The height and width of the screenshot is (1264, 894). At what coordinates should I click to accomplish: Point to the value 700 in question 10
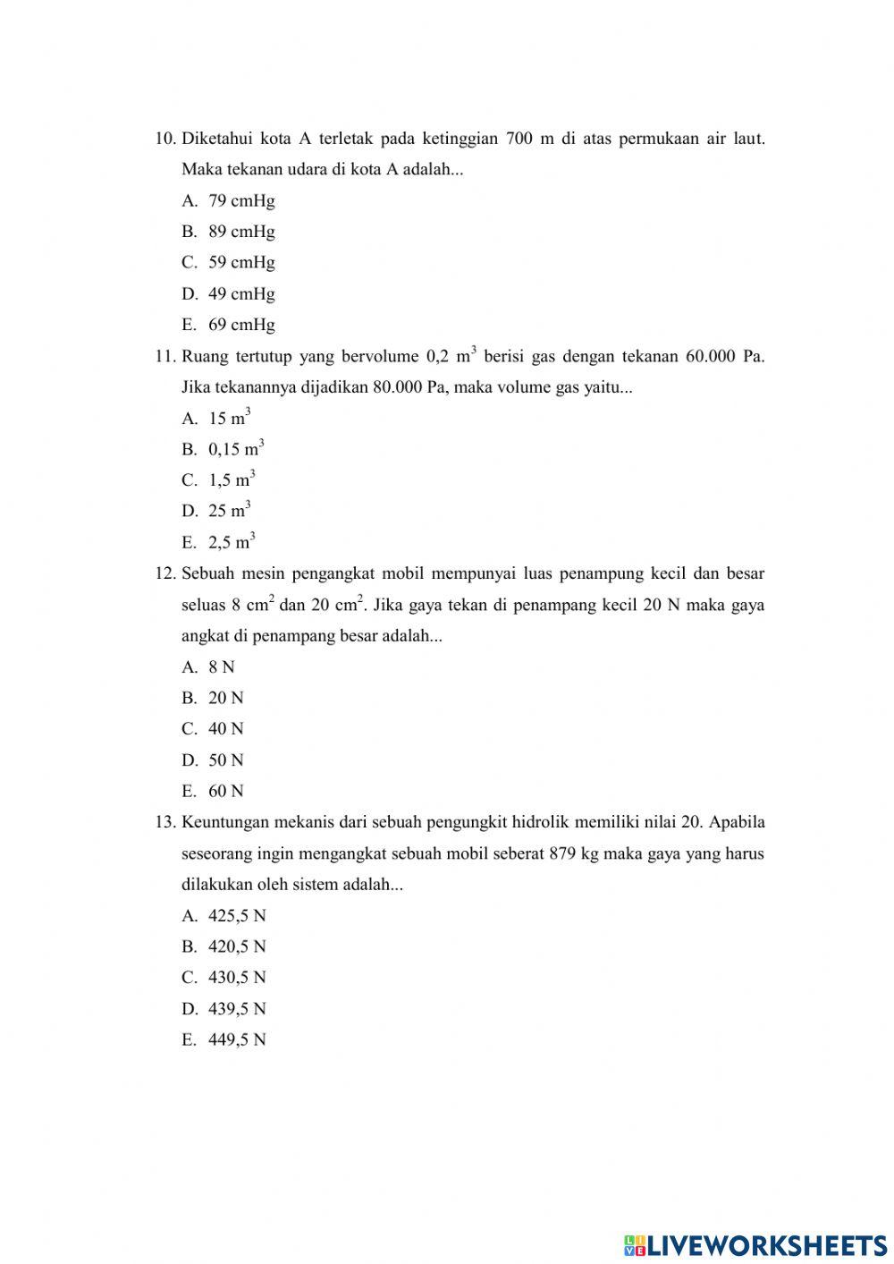coord(519,139)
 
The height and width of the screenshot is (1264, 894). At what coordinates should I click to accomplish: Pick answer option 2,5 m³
coord(232,542)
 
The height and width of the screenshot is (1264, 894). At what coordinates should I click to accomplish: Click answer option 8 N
coord(221,666)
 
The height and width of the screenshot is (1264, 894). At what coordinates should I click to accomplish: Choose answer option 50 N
coord(225,760)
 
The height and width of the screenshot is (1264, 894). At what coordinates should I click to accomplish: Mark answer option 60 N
coord(225,791)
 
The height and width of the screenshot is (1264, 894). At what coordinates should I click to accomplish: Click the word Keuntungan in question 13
coord(226,822)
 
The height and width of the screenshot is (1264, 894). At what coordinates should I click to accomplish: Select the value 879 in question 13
coord(562,853)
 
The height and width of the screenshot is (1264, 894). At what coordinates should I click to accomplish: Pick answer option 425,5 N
coord(237,915)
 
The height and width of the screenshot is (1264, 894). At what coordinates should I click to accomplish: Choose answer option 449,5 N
coord(237,1039)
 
